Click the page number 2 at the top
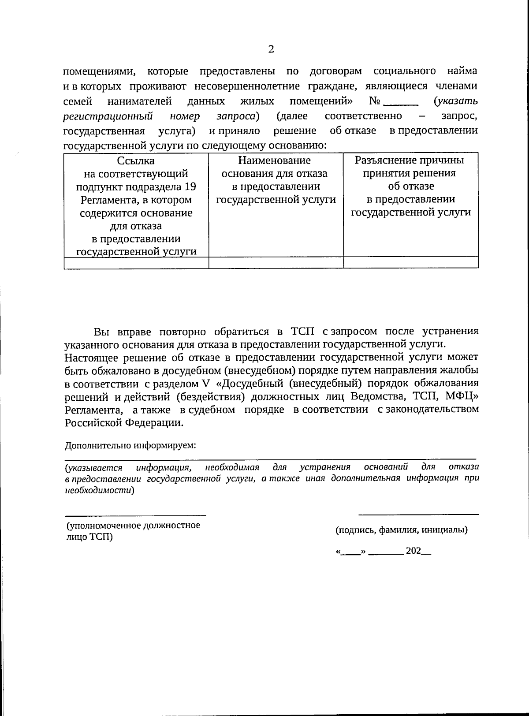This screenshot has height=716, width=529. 271,49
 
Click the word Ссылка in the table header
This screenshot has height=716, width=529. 136,161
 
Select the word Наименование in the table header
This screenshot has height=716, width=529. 274,160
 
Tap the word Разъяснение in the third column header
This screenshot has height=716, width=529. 383,160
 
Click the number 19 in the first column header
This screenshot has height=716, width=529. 190,186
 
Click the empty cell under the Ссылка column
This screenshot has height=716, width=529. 136,263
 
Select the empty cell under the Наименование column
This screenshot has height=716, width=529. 276,263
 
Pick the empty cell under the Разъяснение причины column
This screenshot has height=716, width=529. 411,263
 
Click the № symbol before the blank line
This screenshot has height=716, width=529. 374,102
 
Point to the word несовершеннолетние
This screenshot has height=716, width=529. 270,86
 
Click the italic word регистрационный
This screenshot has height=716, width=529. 108,116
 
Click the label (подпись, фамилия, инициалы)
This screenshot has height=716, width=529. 402,530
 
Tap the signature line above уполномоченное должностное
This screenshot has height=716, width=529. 136,515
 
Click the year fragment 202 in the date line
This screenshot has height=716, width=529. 413,551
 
